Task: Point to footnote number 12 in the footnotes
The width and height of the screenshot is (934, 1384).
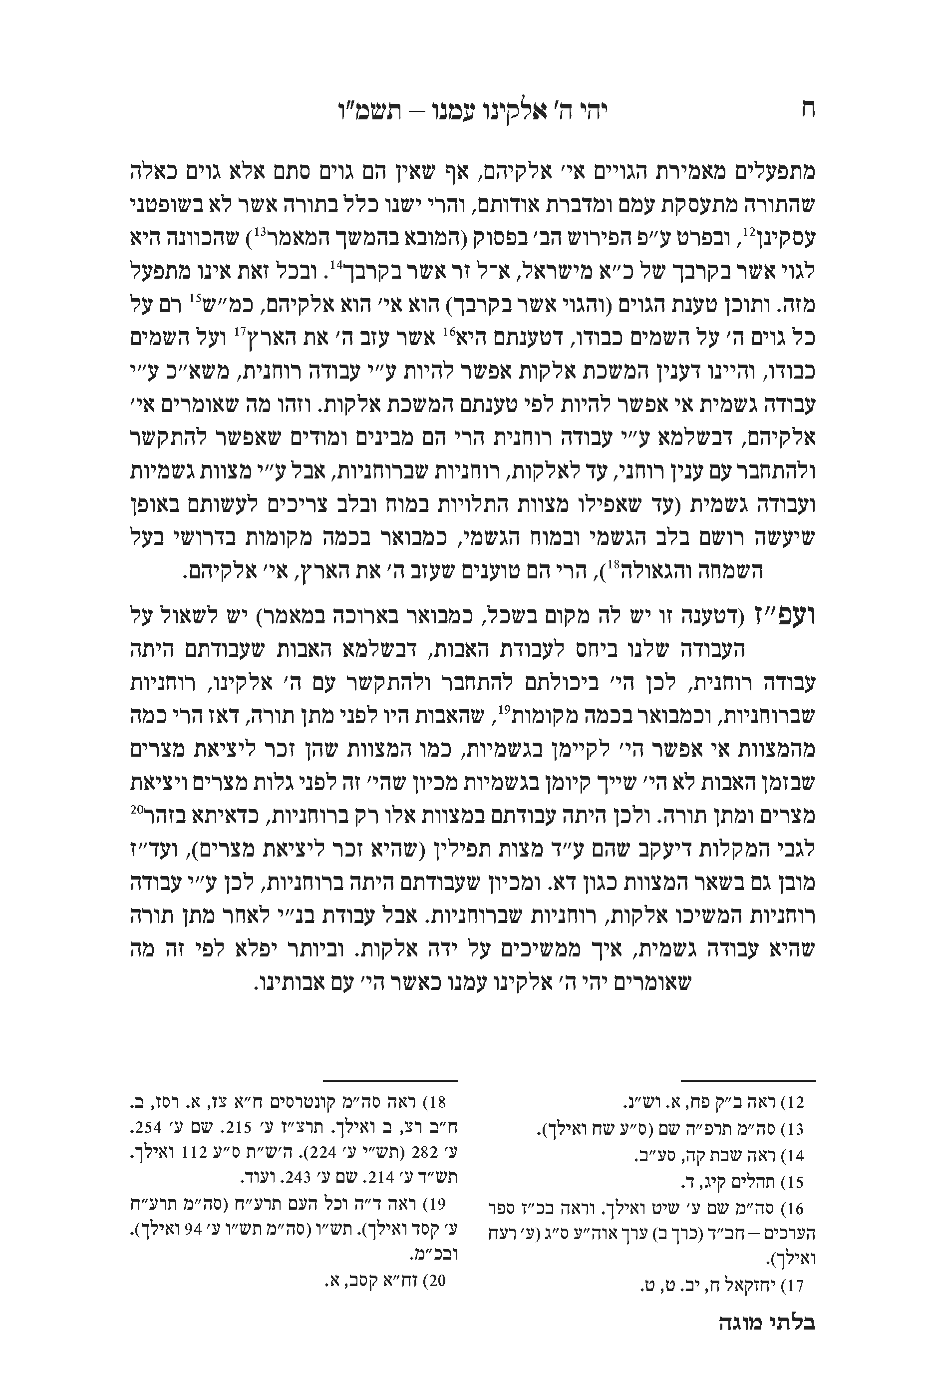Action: (x=795, y=1103)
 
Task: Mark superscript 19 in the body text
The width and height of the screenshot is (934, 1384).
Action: (x=505, y=709)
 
